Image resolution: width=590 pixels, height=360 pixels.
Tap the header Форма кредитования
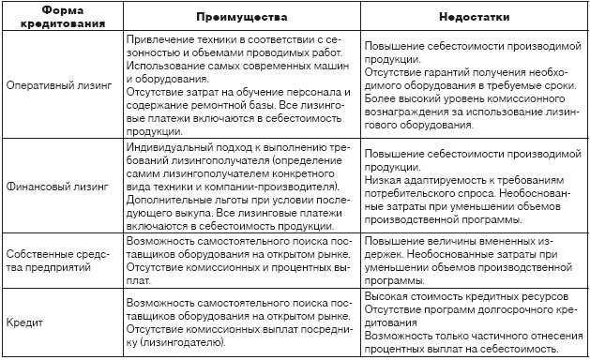pyautogui.click(x=60, y=18)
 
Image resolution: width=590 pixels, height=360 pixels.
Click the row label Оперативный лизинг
pyautogui.click(x=59, y=83)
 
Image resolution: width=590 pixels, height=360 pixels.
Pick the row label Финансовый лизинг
pyautogui.click(x=58, y=187)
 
